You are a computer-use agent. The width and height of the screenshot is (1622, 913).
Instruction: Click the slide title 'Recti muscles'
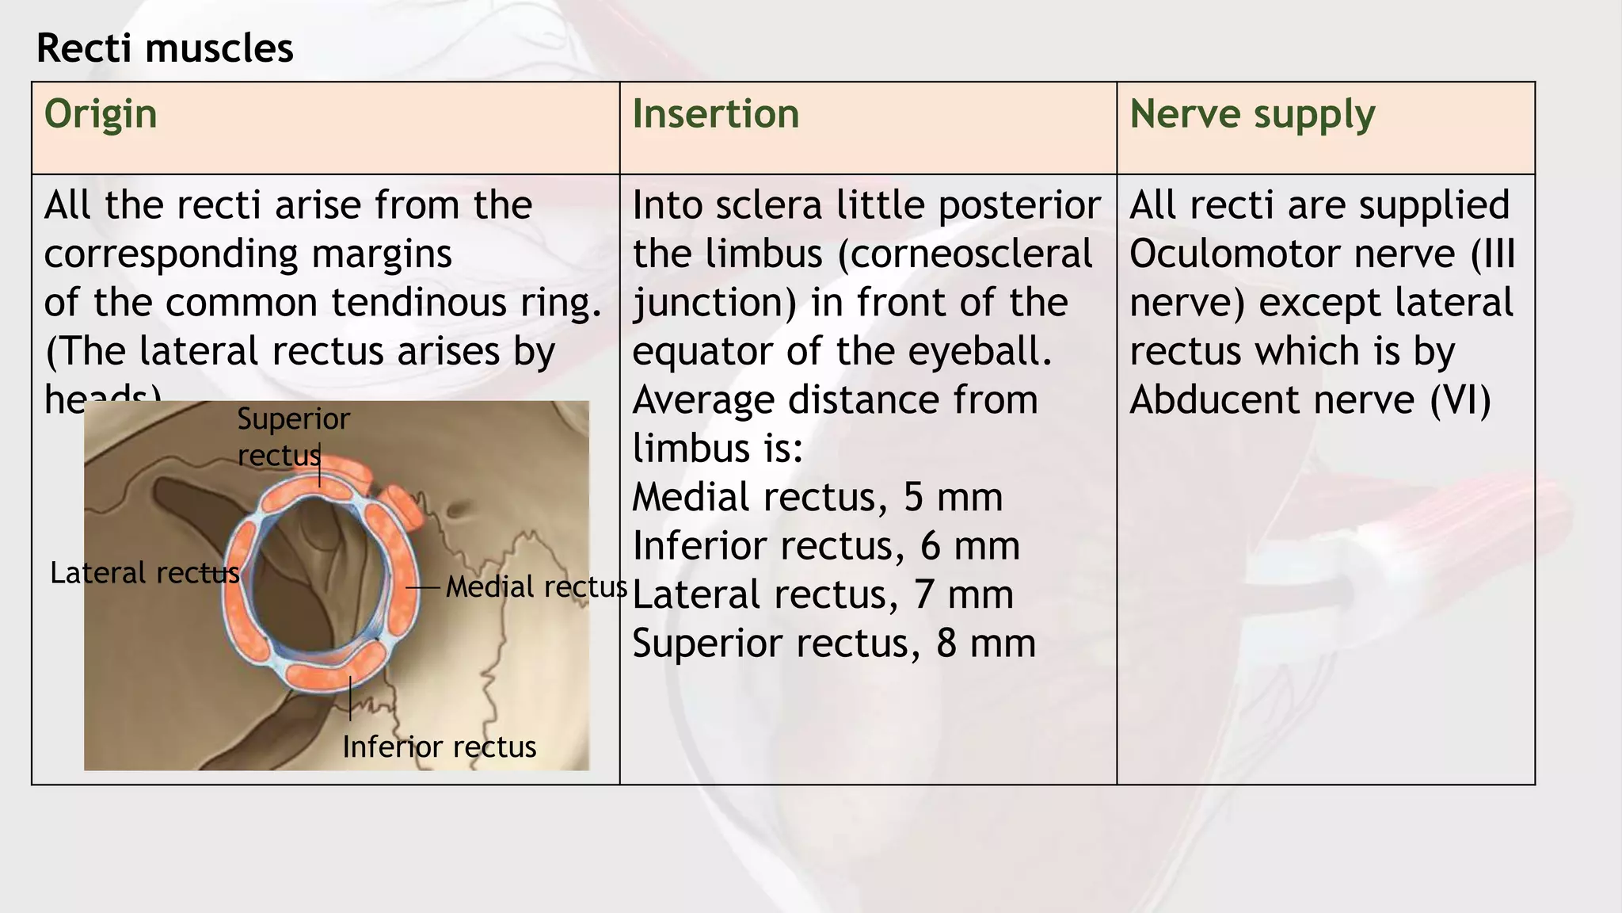coord(165,48)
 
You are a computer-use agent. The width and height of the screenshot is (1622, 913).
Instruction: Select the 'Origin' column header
coord(101,114)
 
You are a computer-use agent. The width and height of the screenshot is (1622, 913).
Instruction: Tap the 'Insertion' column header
coord(715,114)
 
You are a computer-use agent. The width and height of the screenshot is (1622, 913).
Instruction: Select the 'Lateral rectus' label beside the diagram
coord(144,573)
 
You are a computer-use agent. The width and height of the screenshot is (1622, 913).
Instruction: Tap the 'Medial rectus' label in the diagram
coord(536,587)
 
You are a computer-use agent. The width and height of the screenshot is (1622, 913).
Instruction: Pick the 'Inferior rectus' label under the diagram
coord(439,747)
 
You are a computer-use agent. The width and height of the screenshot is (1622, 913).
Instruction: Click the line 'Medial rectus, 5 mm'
coord(817,498)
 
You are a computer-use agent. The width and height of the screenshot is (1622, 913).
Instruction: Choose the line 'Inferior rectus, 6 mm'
coord(825,546)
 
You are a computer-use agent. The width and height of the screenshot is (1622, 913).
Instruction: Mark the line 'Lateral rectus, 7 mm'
coord(822,595)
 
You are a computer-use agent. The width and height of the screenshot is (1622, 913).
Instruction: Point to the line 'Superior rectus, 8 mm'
coord(833,644)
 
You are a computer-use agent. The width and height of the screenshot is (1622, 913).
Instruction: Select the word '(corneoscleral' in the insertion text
coord(964,254)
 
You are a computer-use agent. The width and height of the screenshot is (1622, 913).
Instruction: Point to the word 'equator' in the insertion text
coord(702,352)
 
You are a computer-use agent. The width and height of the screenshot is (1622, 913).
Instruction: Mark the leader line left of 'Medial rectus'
coord(423,588)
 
